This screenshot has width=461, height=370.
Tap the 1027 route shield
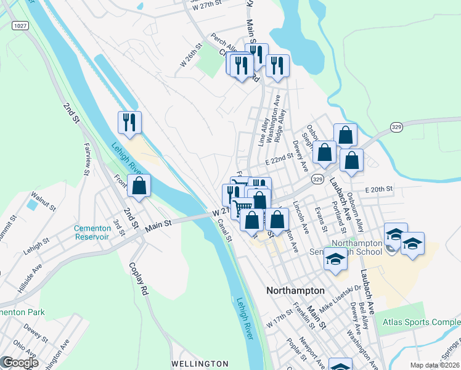click(x=20, y=25)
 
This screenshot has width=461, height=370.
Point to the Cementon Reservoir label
click(x=92, y=232)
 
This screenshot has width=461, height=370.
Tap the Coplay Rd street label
click(x=139, y=281)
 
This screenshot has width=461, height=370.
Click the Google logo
click(x=20, y=363)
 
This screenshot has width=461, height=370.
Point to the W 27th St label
click(x=206, y=7)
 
